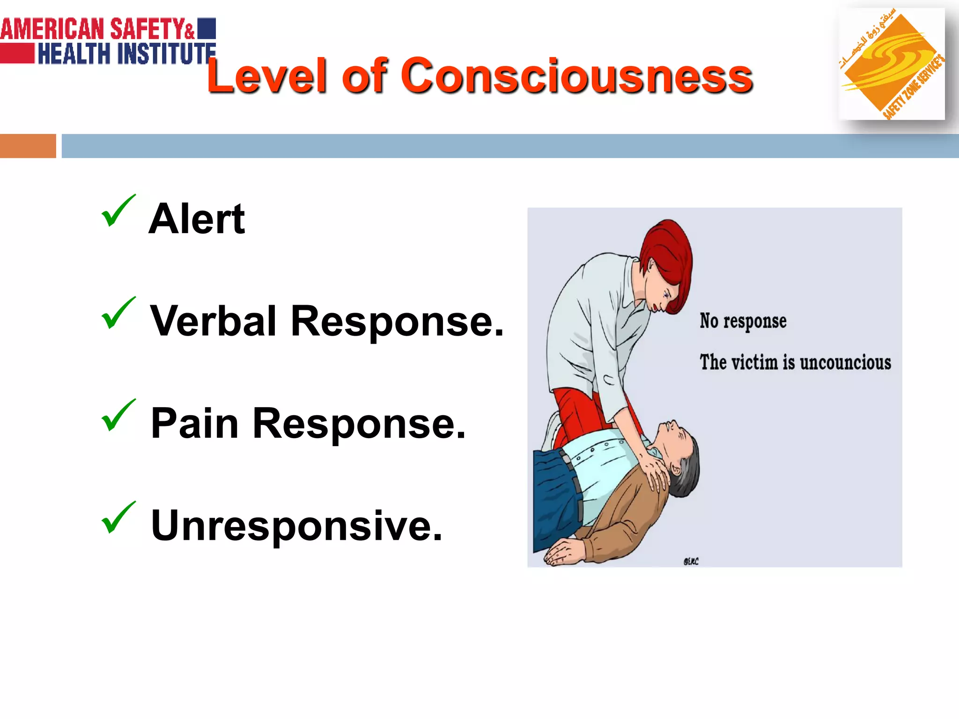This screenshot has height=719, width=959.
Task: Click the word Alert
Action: tap(197, 219)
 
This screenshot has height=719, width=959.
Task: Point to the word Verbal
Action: tap(213, 321)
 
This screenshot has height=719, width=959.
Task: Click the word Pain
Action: tap(194, 424)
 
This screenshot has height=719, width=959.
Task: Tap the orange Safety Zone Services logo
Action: tap(891, 64)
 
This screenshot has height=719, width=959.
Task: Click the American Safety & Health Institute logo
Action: tap(108, 41)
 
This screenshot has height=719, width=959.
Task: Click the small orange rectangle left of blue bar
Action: tap(28, 146)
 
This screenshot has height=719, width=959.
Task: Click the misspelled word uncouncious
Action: tap(845, 363)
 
